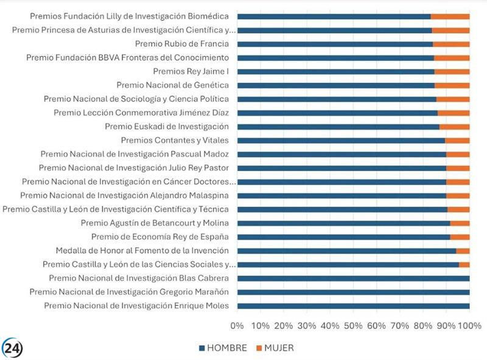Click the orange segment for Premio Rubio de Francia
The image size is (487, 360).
click(x=451, y=44)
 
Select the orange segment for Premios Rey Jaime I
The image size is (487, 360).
click(x=452, y=71)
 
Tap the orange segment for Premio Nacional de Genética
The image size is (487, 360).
click(x=452, y=85)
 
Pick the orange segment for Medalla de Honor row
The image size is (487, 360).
click(x=463, y=250)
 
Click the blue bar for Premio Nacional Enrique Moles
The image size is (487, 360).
click(x=353, y=306)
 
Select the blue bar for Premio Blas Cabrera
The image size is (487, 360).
click(x=353, y=278)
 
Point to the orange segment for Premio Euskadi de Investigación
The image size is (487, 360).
click(x=454, y=127)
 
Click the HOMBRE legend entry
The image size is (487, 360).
click(x=222, y=348)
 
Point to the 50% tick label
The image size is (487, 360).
click(x=353, y=326)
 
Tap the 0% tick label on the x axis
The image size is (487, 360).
click(x=237, y=326)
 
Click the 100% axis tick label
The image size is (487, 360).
click(x=469, y=326)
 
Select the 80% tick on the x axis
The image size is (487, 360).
click(x=422, y=326)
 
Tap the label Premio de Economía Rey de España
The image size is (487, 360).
click(x=159, y=236)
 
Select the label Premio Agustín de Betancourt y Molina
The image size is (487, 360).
click(x=155, y=223)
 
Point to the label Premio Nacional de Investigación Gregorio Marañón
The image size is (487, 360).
click(x=129, y=292)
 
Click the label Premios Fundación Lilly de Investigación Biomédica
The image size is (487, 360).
click(x=129, y=16)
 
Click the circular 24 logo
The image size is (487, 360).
click(x=12, y=348)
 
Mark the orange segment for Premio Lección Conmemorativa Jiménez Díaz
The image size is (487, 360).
click(x=454, y=113)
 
